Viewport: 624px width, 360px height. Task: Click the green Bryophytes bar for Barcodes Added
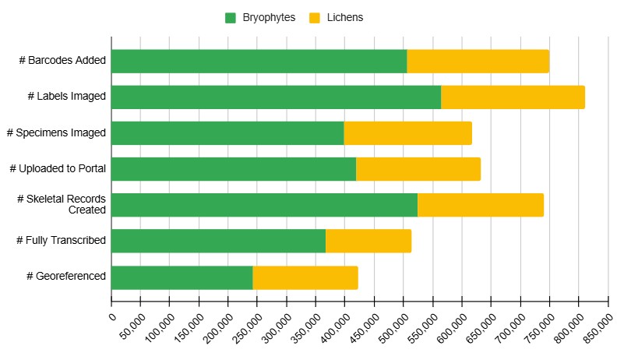coord(259,62)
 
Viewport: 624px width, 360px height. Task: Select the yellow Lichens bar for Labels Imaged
coord(513,97)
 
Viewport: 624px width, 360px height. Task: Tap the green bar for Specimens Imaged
coord(227,133)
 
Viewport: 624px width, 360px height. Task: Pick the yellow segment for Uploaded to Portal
coord(418,169)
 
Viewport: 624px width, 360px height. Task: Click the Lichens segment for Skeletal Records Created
coord(481,205)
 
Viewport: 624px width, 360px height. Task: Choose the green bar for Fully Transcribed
coord(218,241)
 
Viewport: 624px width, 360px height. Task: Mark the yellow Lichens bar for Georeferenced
coord(305,277)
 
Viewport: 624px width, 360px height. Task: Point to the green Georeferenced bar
coord(182,277)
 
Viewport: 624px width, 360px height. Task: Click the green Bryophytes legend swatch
coord(231,17)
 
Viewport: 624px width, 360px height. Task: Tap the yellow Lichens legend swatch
coord(315,17)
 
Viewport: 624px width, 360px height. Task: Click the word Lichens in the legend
coord(345,17)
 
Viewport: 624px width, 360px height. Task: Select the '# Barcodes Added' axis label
coord(62,62)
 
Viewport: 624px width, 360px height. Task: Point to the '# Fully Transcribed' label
coord(61,241)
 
